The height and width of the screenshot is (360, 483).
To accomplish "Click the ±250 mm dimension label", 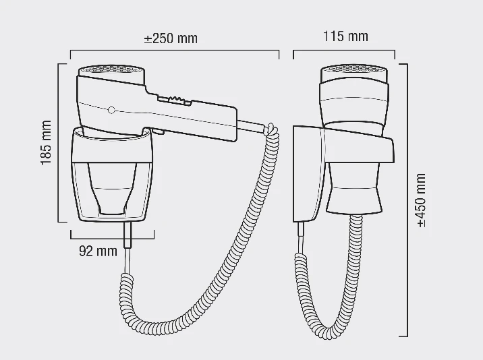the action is click(171, 38).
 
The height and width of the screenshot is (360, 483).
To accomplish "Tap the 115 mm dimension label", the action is click(345, 36).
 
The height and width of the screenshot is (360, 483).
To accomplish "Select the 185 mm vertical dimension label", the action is click(46, 143).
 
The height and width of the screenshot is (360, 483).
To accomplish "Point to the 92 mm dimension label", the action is click(98, 251).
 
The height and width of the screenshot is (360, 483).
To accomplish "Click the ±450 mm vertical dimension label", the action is click(421, 200).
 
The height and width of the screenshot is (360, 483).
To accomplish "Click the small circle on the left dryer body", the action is click(111, 110).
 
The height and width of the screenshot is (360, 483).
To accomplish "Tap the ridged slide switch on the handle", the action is click(175, 100).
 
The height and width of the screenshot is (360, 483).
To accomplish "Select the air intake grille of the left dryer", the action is click(111, 69).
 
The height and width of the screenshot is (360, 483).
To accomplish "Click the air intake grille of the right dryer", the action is click(354, 69).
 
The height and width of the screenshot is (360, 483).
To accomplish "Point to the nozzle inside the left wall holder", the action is click(112, 189).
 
